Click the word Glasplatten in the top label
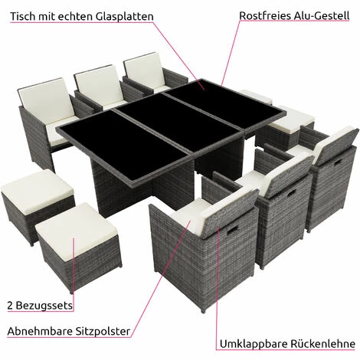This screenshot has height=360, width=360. coord(125,16)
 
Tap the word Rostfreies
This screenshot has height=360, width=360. coord(265,15)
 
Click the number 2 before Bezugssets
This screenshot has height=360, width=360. coord(10,306)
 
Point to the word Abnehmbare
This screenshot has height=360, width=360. coord(40,331)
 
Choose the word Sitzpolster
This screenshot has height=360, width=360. coord(103,332)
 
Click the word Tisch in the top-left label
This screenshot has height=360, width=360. coord(22,16)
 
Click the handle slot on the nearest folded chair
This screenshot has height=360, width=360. coord(231,229)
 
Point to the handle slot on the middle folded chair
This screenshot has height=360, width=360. coord(290,193)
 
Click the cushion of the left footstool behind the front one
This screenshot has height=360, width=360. coord(37,191)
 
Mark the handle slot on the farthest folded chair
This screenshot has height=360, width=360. coord(339,162)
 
